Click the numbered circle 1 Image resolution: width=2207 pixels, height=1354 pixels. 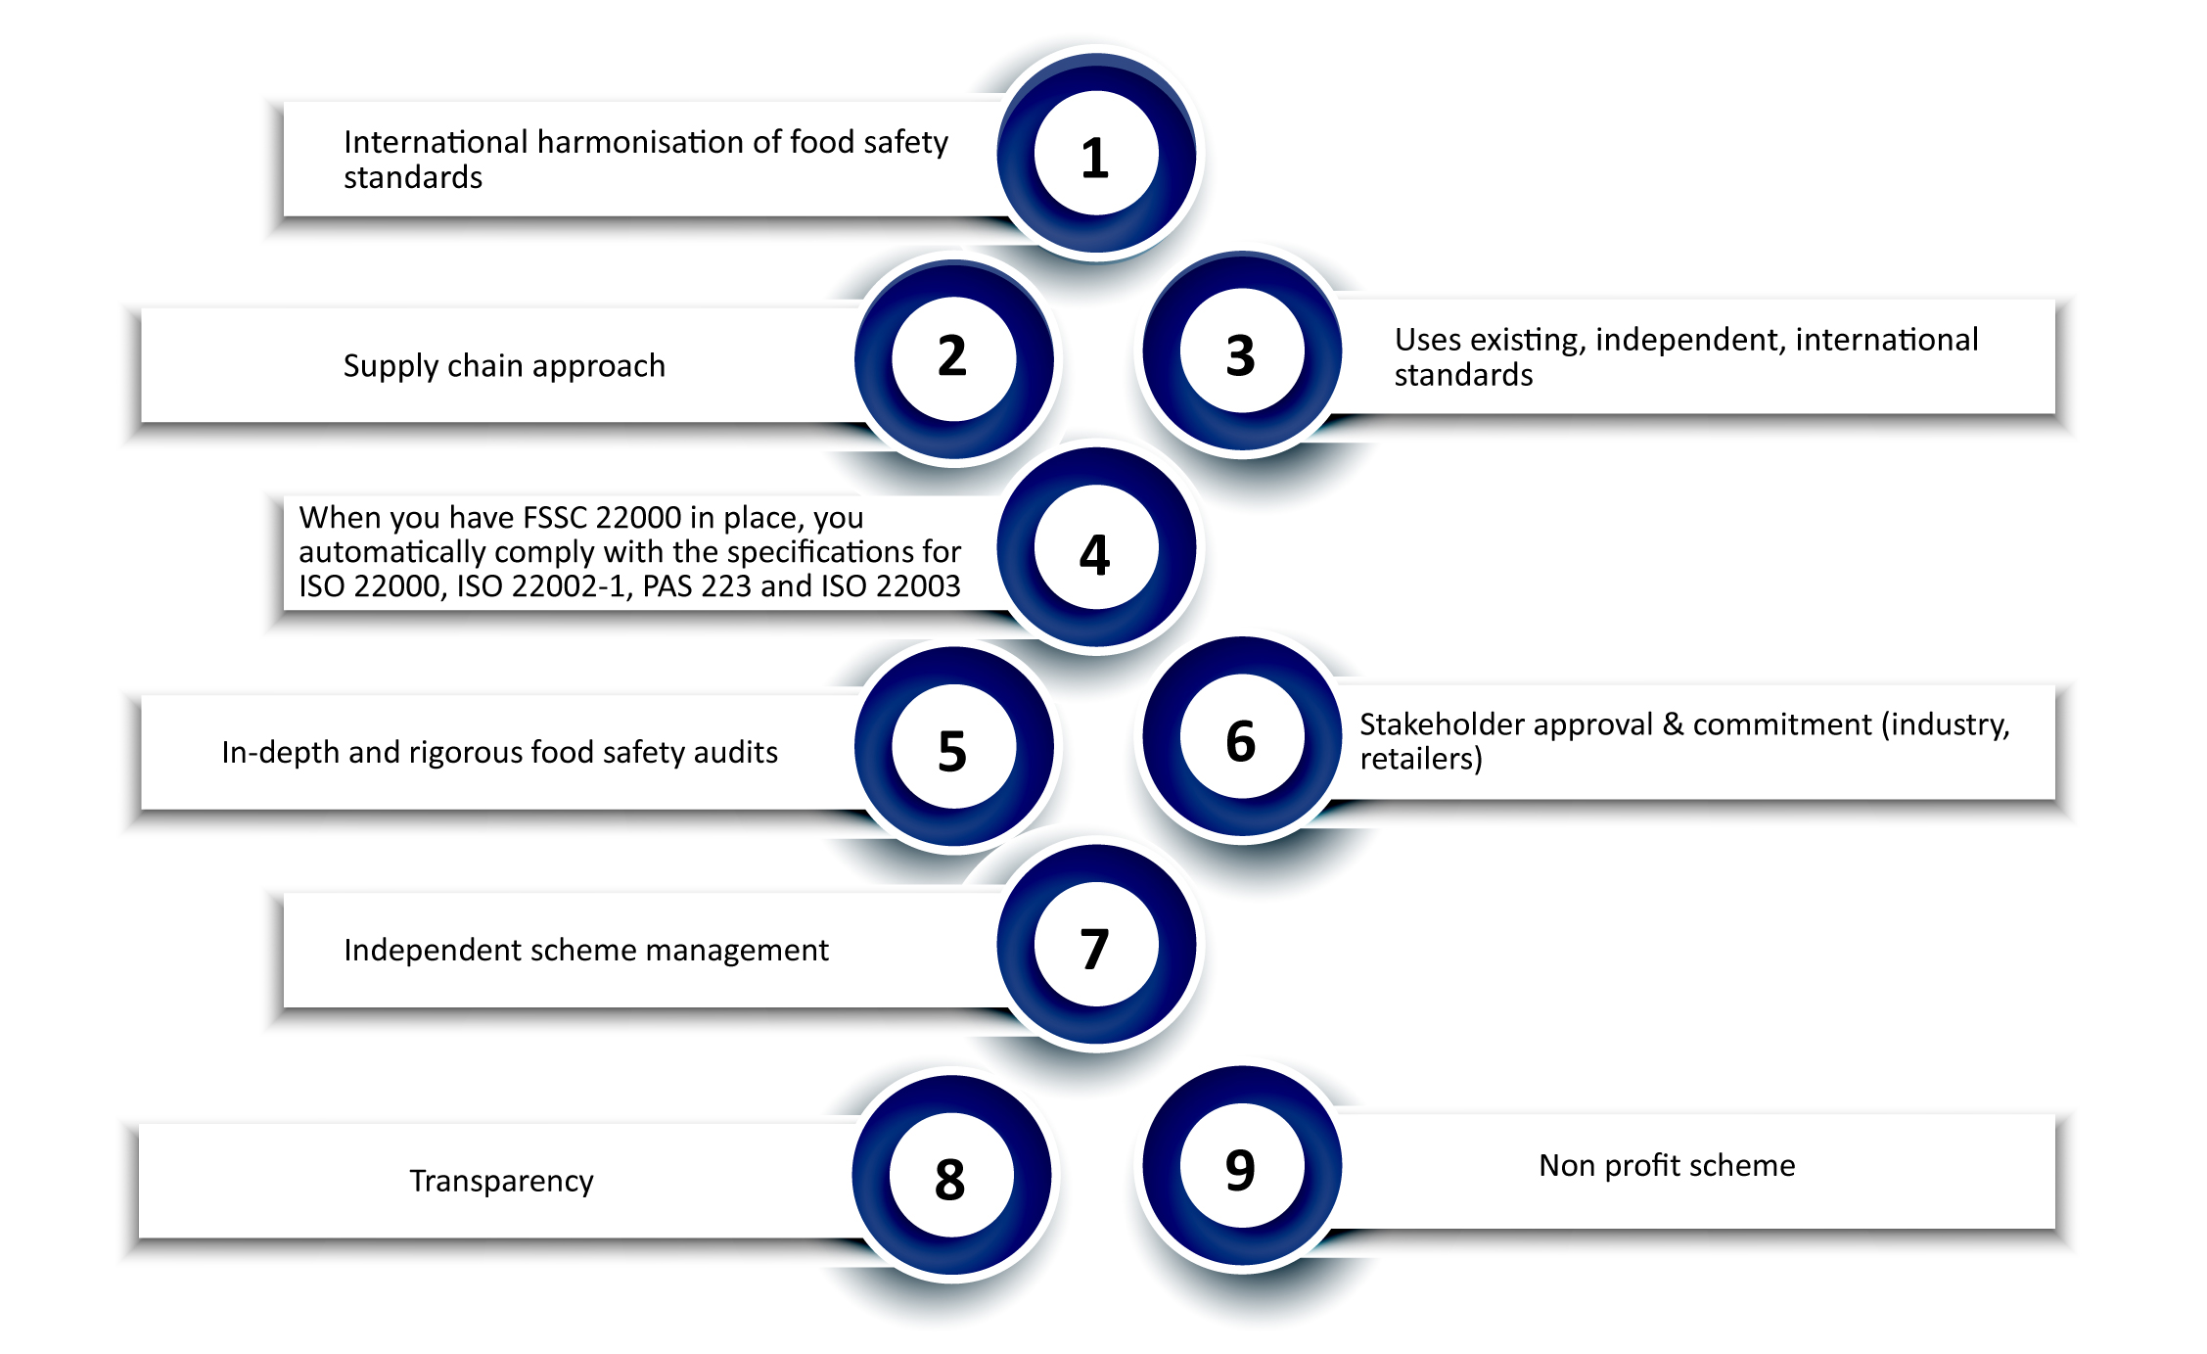pyautogui.click(x=1096, y=155)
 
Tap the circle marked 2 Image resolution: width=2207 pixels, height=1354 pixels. pyautogui.click(x=953, y=357)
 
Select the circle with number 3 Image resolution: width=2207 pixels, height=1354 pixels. pyautogui.click(x=1241, y=352)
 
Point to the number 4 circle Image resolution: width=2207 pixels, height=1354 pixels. pyautogui.click(x=1096, y=549)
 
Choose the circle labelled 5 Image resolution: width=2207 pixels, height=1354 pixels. pyautogui.click(x=953, y=748)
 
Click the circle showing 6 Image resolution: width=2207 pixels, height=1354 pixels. pyautogui.click(x=1241, y=738)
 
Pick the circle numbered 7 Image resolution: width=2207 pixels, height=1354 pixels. pyautogui.click(x=1096, y=947)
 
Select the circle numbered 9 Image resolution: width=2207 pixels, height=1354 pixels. pyautogui.click(x=1241, y=1167)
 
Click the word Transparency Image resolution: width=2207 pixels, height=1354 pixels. pyautogui.click(x=501, y=1181)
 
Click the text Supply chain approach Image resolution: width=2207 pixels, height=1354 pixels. pyautogui.click(x=504, y=366)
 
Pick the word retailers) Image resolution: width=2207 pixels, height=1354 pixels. pyautogui.click(x=1421, y=759)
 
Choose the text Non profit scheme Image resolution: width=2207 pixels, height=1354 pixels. pyautogui.click(x=1667, y=1165)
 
